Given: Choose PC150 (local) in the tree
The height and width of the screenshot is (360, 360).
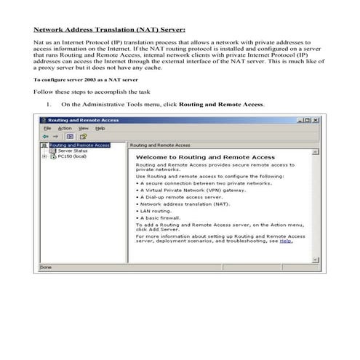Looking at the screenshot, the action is pyautogui.click(x=71, y=156).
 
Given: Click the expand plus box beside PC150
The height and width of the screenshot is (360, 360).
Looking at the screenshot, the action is pyautogui.click(x=44, y=156).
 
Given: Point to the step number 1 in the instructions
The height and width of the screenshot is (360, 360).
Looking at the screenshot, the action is pyautogui.click(x=48, y=104).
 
